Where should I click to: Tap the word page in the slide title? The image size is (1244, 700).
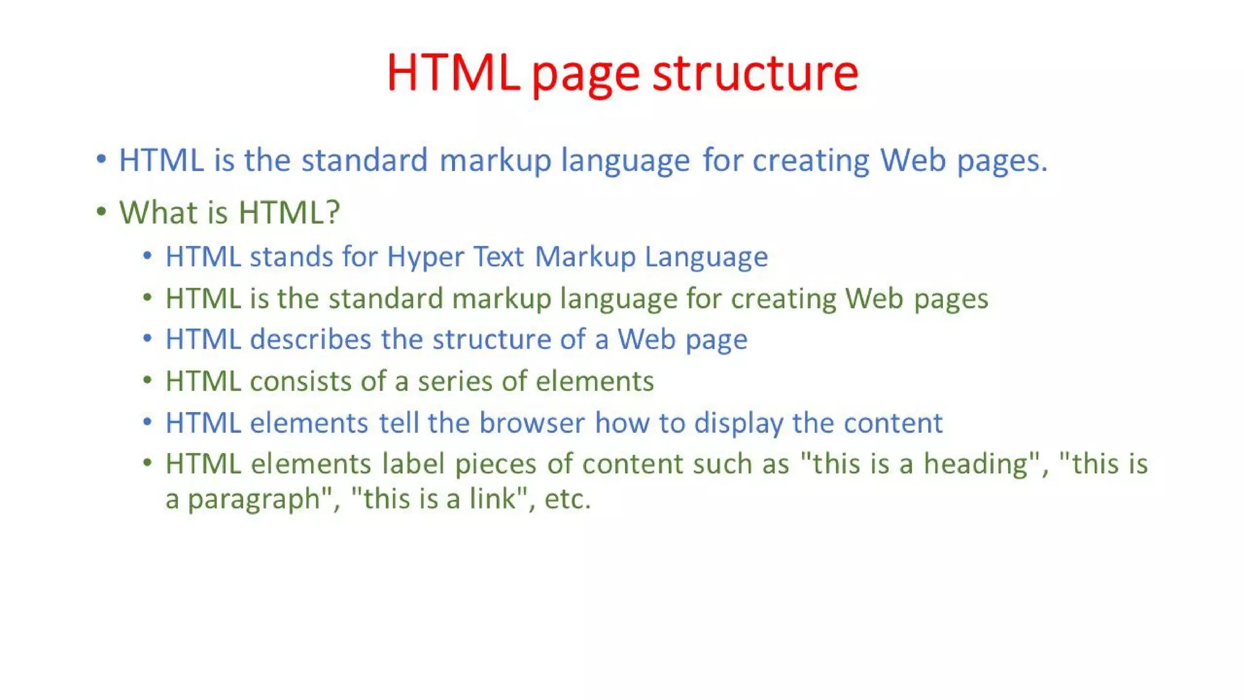tap(586, 75)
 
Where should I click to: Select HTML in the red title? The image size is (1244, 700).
tap(453, 73)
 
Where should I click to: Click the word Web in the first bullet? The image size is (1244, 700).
tap(913, 160)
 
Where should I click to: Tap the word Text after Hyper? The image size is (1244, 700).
tap(498, 256)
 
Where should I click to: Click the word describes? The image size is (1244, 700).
tap(310, 339)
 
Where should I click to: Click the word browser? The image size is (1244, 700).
tap(532, 423)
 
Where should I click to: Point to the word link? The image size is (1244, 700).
tap(492, 499)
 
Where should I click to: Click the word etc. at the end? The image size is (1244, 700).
tap(567, 499)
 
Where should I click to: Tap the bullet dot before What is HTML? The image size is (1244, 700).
tap(101, 211)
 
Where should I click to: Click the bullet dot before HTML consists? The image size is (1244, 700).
tap(148, 381)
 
